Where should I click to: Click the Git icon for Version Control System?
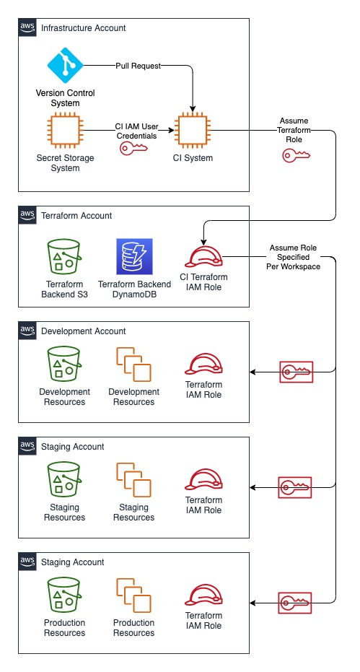[x=65, y=66]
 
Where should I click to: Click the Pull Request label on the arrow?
[x=138, y=66]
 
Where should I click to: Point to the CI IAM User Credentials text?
[x=137, y=131]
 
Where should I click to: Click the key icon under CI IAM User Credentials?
[x=132, y=148]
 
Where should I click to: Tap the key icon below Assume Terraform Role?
[x=296, y=155]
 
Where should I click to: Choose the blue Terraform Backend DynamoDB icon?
[x=133, y=256]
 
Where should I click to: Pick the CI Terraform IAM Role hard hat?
[x=203, y=257]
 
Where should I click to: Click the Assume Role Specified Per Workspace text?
[x=294, y=257]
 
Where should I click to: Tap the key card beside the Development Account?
[x=295, y=372]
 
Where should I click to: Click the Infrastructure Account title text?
[x=84, y=28]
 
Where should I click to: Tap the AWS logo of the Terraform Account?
[x=27, y=215]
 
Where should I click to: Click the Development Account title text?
[x=84, y=331]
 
